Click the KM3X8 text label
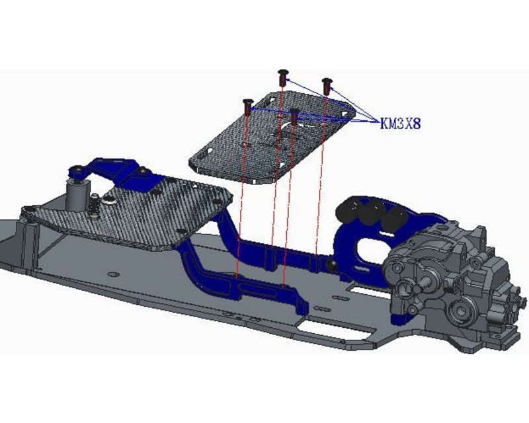(x=400, y=123)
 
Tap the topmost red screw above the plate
(x=283, y=77)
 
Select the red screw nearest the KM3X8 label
(x=326, y=85)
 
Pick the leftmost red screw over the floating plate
(x=248, y=104)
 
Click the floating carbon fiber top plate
(x=264, y=142)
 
